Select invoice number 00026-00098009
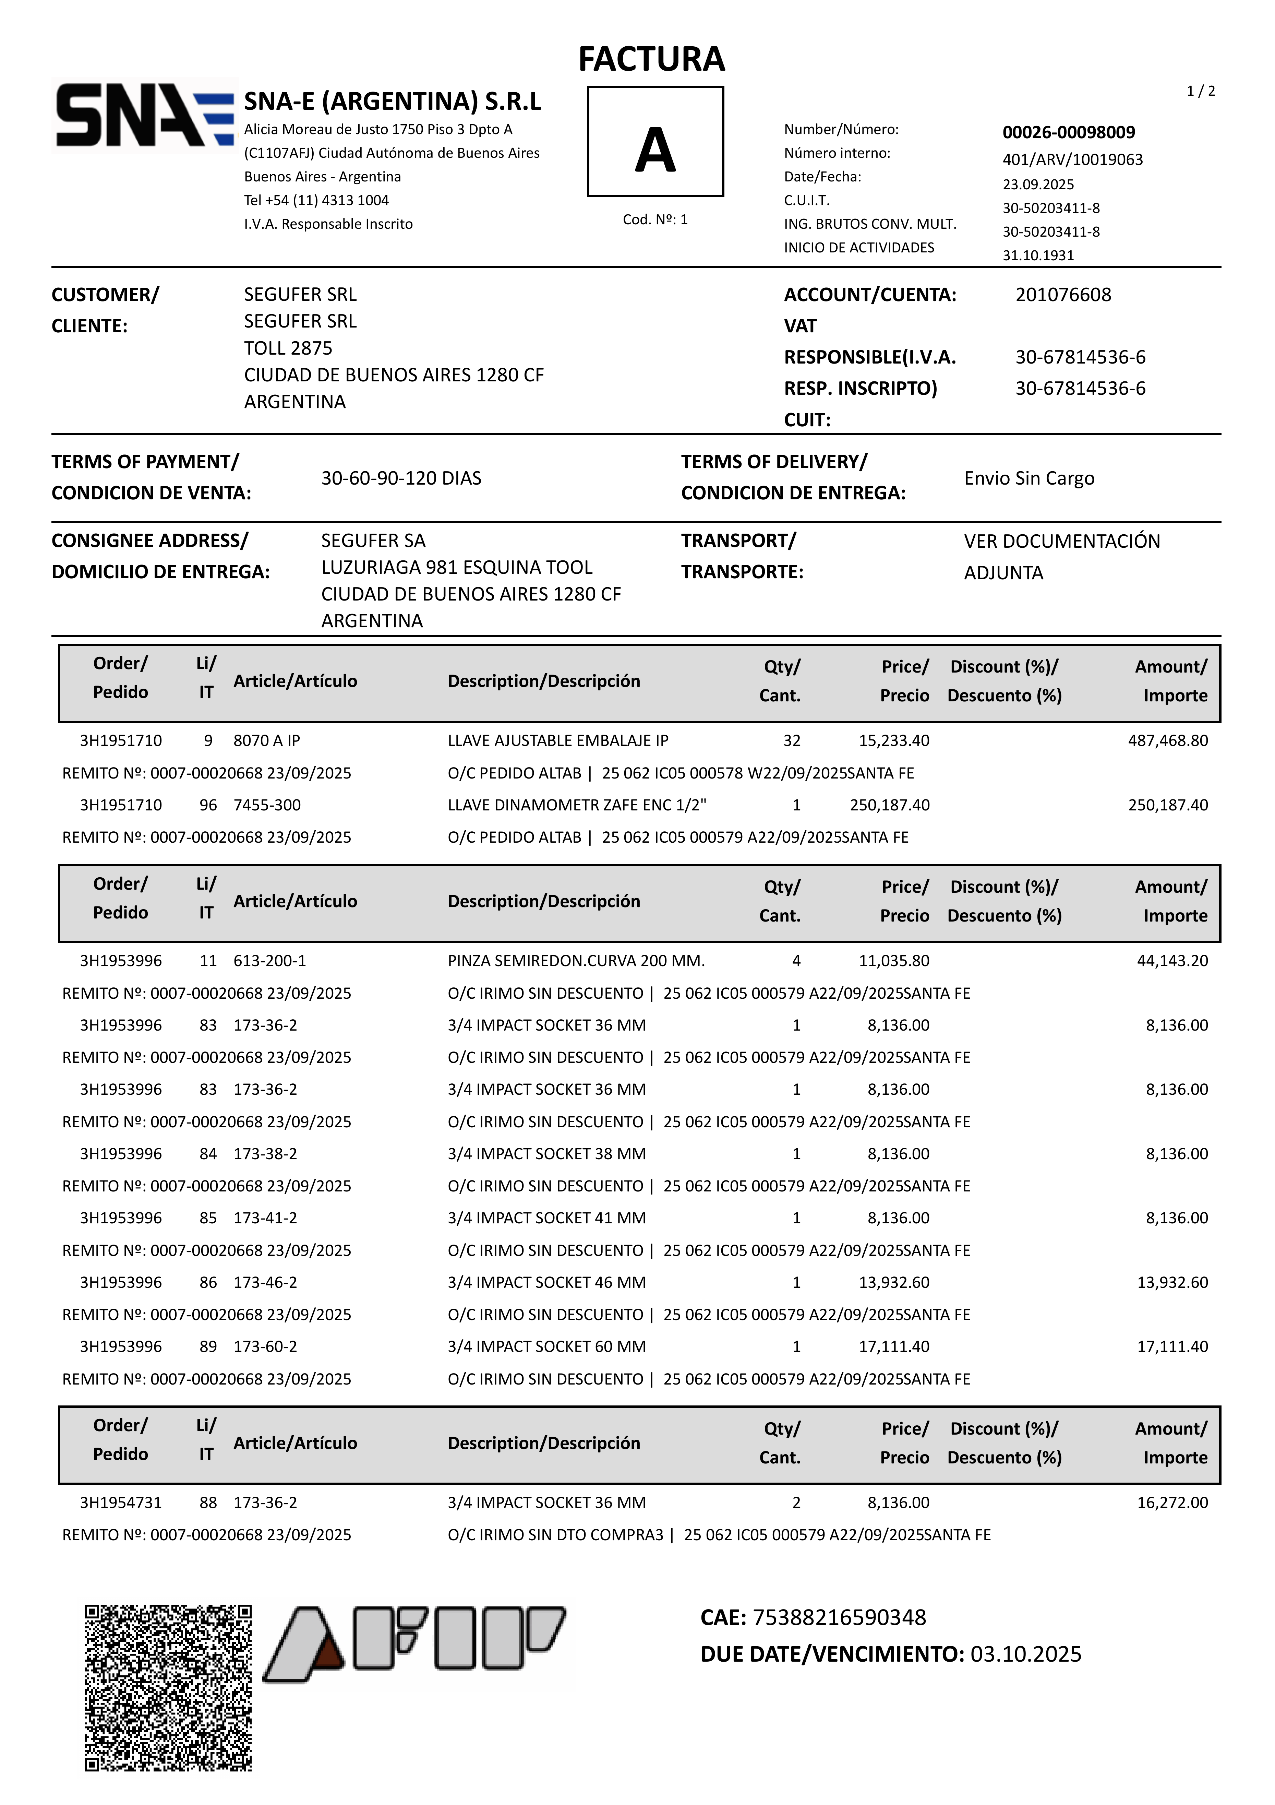(x=1068, y=132)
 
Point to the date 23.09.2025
(x=1038, y=184)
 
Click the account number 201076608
(x=1063, y=295)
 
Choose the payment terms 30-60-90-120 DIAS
(x=401, y=478)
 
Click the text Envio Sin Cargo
(x=1029, y=478)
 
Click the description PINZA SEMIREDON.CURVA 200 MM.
(x=576, y=961)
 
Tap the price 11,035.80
(x=894, y=961)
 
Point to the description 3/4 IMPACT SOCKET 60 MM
(x=546, y=1347)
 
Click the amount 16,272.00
(x=1172, y=1502)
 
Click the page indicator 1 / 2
(x=1200, y=91)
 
